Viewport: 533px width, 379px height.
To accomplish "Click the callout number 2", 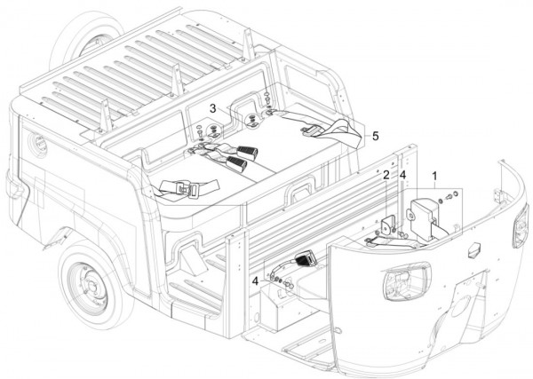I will point(386,175).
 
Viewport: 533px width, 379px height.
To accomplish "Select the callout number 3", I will point(213,107).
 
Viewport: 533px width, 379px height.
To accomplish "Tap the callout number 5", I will point(376,136).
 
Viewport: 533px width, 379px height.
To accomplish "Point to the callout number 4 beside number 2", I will point(402,175).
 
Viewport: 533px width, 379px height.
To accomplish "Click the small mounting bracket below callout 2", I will point(388,224).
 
